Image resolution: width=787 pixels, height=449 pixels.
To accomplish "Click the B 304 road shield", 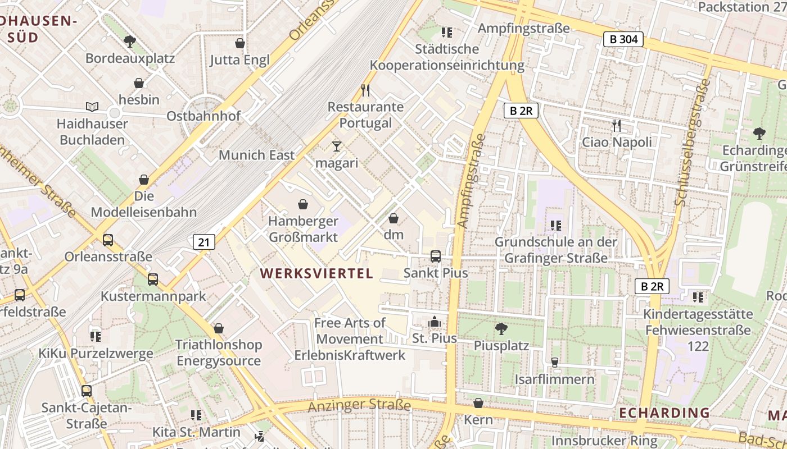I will [x=623, y=39].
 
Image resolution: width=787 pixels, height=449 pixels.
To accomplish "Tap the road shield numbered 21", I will [x=203, y=242].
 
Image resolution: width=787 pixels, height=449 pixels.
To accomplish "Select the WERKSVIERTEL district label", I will [x=316, y=273].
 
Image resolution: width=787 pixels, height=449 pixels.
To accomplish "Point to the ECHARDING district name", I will [x=664, y=413].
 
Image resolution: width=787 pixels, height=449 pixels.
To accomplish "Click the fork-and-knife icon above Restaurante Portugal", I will [x=365, y=90].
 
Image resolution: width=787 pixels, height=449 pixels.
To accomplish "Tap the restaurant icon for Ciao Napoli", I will [x=617, y=125].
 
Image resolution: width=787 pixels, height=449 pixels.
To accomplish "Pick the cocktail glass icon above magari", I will [x=337, y=146].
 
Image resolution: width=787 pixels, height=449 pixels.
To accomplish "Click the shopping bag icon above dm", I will [x=393, y=218].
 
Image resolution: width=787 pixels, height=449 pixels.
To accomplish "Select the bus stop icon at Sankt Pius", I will [x=436, y=256].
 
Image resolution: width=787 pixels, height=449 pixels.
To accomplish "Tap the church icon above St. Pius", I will [x=435, y=322].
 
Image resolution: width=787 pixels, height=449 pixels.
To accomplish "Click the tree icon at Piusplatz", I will [x=501, y=329].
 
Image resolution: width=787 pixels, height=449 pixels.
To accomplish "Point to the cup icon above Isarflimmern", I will [x=555, y=363].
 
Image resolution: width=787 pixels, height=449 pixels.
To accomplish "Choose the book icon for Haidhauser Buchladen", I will [x=92, y=107].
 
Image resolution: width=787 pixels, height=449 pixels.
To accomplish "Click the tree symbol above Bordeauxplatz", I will [x=130, y=41].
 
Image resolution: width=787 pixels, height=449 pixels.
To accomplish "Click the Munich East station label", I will [x=256, y=155].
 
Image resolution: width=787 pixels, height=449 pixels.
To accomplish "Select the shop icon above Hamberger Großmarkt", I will [x=303, y=204].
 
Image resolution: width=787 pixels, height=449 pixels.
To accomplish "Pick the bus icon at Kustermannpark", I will [x=153, y=280].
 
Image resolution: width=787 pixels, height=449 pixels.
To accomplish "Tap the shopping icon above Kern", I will [x=478, y=403].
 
